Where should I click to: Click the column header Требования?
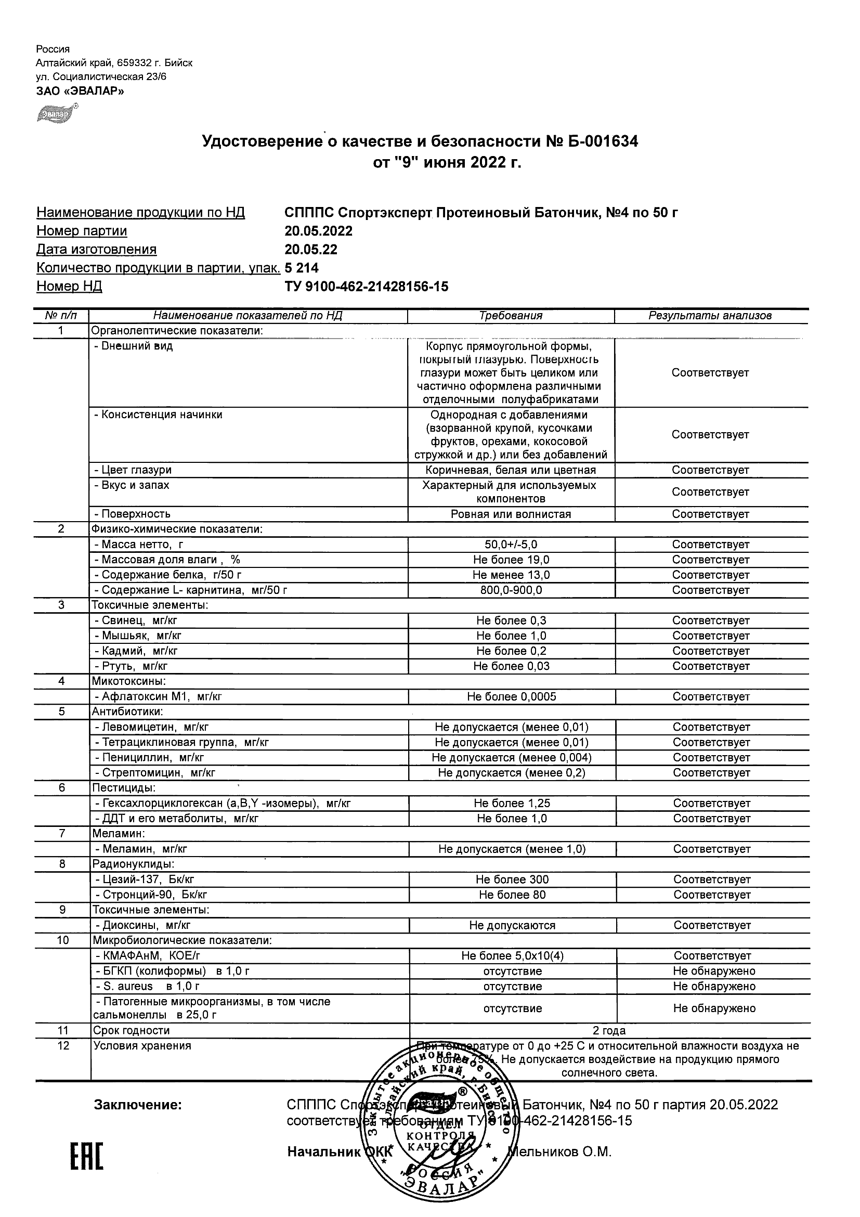pyautogui.click(x=511, y=316)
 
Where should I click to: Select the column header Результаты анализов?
pyautogui.click(x=710, y=316)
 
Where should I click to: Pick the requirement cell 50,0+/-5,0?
pyautogui.click(x=511, y=545)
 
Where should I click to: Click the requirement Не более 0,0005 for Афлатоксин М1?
pyautogui.click(x=511, y=697)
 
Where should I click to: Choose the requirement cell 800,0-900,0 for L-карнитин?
pyautogui.click(x=511, y=590)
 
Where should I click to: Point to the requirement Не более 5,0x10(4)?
pyautogui.click(x=512, y=956)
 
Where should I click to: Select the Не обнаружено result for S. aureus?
pyautogui.click(x=714, y=987)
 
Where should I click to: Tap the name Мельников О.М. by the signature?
pyautogui.click(x=559, y=1152)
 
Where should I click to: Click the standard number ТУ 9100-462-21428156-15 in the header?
pyautogui.click(x=366, y=287)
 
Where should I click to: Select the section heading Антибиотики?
pyautogui.click(x=127, y=712)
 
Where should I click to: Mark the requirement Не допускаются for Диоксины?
pyautogui.click(x=512, y=925)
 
